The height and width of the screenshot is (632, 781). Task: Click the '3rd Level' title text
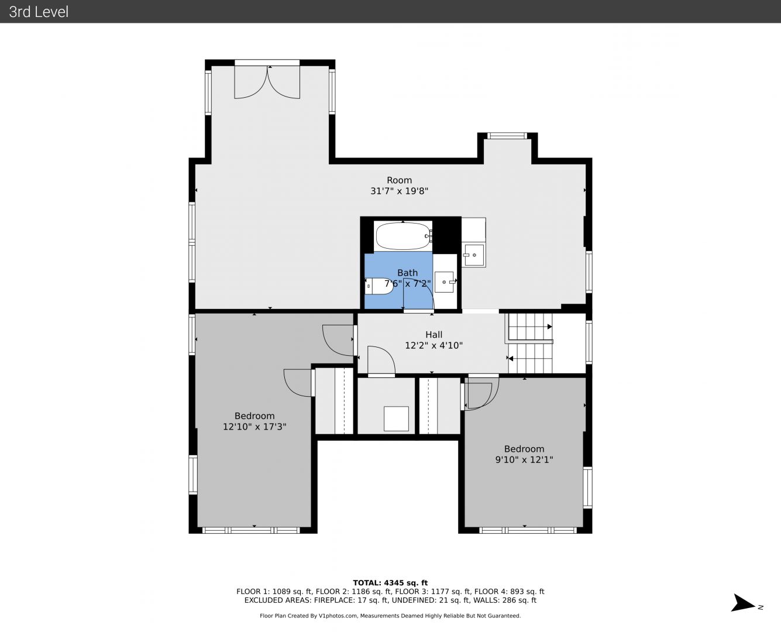pos(39,12)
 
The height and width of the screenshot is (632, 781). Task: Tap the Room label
pos(400,180)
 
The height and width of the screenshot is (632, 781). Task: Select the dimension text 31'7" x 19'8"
pos(400,191)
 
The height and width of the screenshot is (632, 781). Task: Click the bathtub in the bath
pos(403,236)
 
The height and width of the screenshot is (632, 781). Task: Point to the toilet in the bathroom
pos(379,286)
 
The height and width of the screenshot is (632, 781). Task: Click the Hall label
pos(433,335)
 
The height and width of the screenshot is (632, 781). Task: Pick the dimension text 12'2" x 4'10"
pos(433,345)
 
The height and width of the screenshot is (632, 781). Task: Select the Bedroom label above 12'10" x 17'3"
pos(254,416)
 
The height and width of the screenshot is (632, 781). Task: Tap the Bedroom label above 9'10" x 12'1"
pos(524,449)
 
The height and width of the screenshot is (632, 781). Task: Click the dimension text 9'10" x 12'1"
pos(524,459)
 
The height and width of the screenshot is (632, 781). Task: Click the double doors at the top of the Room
pos(267,81)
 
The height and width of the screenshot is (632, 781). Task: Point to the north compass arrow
pos(744,603)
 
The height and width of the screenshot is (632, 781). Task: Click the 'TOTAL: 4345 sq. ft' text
pos(390,583)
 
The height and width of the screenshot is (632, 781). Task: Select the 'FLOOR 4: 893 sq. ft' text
pos(510,592)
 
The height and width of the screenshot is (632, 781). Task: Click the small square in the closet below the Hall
pos(396,418)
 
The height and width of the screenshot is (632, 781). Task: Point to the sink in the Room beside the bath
pos(474,255)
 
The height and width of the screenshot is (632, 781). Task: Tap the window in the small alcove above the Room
pos(507,136)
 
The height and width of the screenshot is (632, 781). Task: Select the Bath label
pos(407,273)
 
